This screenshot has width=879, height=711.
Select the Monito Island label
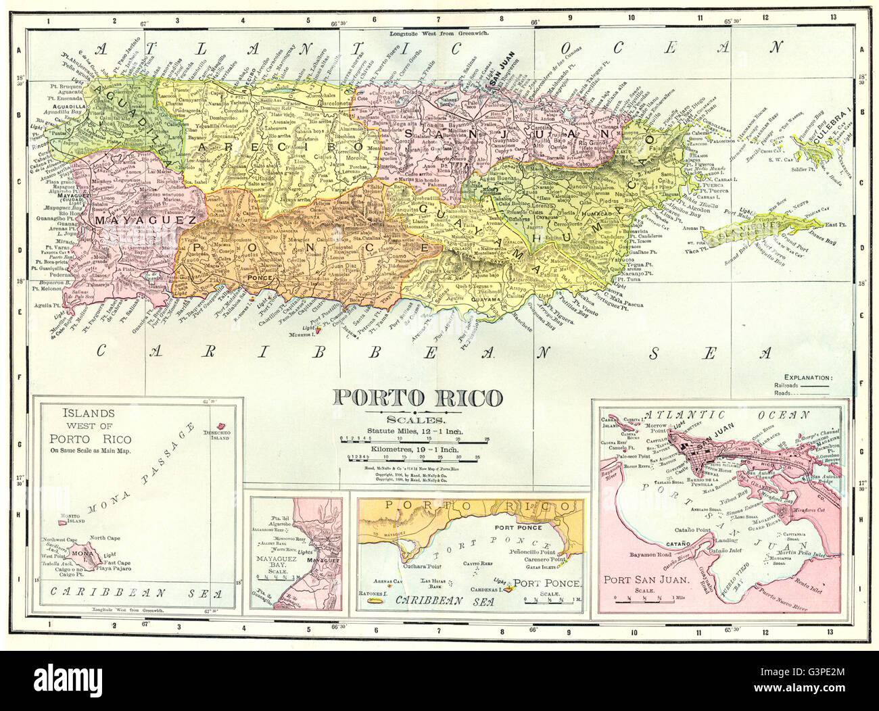pyautogui.click(x=72, y=519)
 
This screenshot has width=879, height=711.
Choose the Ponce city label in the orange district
pyautogui.click(x=259, y=278)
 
